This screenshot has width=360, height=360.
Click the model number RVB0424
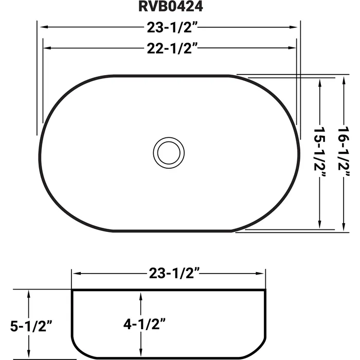pos(170,7)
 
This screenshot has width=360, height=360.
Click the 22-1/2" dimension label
pos(170,48)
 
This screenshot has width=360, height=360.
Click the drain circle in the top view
pos(168,152)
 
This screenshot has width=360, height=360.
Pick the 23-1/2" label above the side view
pos(169,274)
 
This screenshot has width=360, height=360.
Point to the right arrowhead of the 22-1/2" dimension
pos(292,48)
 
